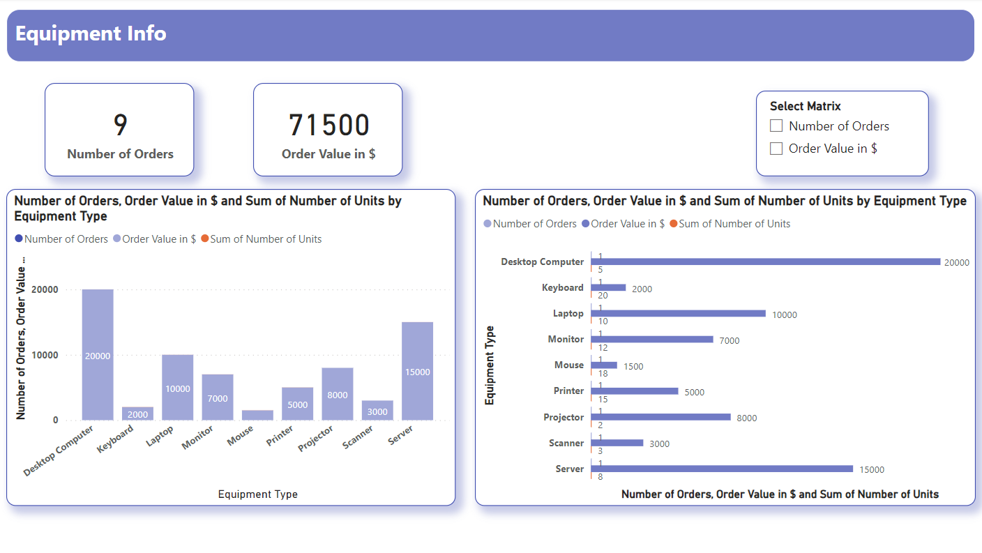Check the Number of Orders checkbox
[776, 126]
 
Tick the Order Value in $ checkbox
[776, 149]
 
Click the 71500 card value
[328, 126]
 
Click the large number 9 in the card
[120, 126]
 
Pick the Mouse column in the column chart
[257, 415]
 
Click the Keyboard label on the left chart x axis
[115, 439]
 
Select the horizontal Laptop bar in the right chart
[678, 314]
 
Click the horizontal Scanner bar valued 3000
[617, 443]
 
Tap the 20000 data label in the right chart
[956, 263]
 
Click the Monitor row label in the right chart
[566, 339]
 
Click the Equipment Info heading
[91, 33]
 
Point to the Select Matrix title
[805, 106]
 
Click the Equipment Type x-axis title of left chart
[257, 494]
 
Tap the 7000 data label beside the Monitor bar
[729, 341]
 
